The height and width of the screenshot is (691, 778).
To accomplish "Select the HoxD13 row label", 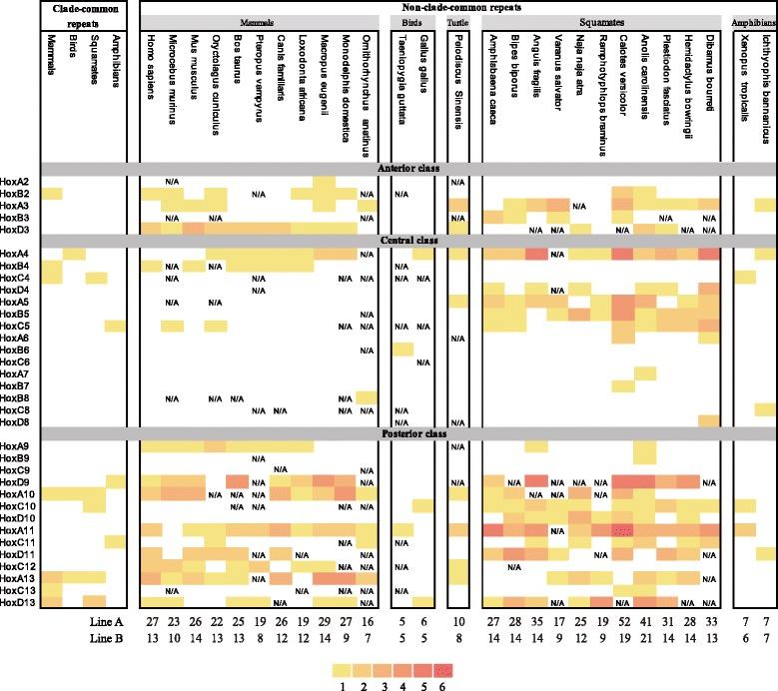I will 18,601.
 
